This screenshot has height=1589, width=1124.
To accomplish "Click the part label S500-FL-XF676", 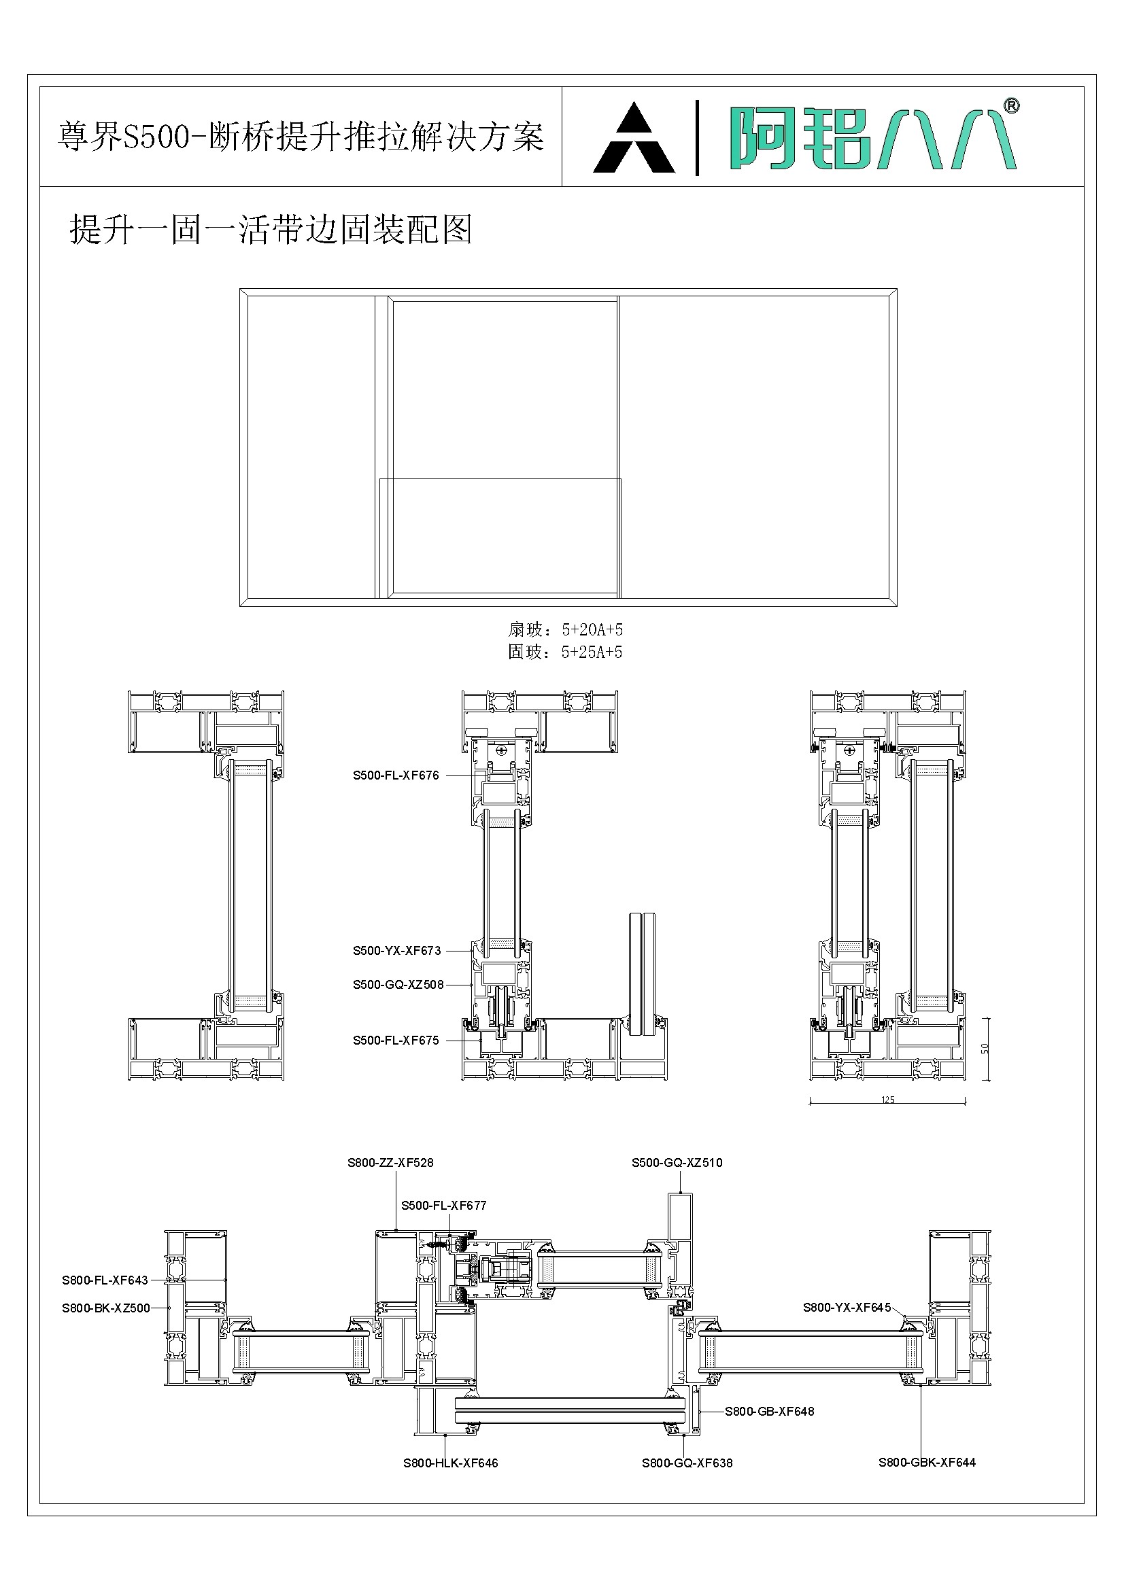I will (x=396, y=776).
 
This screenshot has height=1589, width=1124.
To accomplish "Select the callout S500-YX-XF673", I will (x=396, y=951).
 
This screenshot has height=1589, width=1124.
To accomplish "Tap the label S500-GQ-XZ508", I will (x=398, y=985).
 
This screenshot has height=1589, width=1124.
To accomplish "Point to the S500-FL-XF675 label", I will (x=396, y=1040).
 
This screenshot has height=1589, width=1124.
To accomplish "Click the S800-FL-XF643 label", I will (x=105, y=1280).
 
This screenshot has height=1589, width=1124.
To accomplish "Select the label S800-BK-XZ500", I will (x=105, y=1308).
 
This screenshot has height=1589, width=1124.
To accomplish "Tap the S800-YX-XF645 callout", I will (x=847, y=1308).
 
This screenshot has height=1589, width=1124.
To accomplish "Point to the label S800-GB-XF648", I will (x=769, y=1411).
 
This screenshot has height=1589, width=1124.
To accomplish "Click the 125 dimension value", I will (x=888, y=1100).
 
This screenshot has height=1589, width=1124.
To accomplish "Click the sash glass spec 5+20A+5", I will (x=592, y=630).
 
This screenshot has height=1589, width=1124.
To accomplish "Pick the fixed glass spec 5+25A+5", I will (x=592, y=652).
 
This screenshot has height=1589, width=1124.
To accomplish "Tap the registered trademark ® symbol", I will (x=1011, y=106).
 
